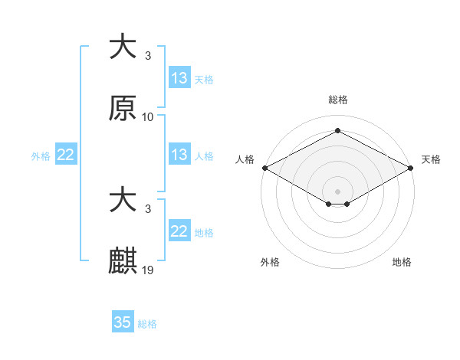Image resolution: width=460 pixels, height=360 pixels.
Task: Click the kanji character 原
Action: click(x=123, y=109)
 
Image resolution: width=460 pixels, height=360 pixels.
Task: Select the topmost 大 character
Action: click(x=123, y=47)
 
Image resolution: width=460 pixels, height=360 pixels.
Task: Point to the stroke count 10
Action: click(x=148, y=117)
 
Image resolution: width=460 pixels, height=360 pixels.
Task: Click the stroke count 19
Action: click(x=148, y=270)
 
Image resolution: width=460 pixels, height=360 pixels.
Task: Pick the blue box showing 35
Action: click(x=123, y=322)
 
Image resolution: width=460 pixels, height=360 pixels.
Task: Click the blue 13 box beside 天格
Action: click(x=179, y=78)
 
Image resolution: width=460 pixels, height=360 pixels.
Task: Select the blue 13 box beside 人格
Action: click(x=179, y=155)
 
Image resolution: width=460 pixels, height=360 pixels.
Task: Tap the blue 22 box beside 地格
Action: click(x=179, y=231)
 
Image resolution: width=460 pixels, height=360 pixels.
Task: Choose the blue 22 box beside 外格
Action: click(x=66, y=155)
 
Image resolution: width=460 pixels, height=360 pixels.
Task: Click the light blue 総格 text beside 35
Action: click(x=147, y=324)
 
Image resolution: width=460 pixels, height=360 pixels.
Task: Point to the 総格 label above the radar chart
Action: click(x=337, y=100)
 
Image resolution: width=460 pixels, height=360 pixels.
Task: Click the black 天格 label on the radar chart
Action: click(x=432, y=159)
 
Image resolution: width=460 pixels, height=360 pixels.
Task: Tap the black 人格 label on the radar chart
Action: click(x=245, y=159)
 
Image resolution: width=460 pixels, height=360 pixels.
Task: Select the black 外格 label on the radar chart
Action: click(x=270, y=262)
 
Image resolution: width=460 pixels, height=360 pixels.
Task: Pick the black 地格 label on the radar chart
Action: click(x=402, y=262)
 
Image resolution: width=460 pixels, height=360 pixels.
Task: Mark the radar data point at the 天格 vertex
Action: click(x=412, y=168)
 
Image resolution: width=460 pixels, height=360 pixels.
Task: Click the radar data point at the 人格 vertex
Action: click(x=264, y=168)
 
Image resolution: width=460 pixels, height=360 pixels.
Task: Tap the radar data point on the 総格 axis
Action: click(x=337, y=131)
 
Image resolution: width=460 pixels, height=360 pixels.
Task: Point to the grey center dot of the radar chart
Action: click(x=337, y=191)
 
